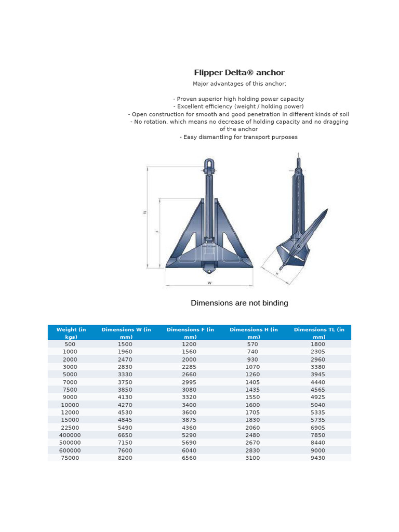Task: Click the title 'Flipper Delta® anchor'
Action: (x=239, y=73)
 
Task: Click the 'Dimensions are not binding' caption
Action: (x=239, y=303)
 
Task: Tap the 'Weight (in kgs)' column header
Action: (x=71, y=333)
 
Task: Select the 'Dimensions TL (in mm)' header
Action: (x=318, y=333)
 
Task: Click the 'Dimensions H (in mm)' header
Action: (x=253, y=333)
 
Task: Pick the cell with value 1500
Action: (x=125, y=344)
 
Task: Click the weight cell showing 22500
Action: (x=70, y=428)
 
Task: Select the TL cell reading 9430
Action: (x=317, y=458)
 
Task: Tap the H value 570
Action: (x=252, y=344)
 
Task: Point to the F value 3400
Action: (x=190, y=405)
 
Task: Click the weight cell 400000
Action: (x=70, y=435)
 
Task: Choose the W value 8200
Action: (x=125, y=458)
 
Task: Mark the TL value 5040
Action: (x=317, y=405)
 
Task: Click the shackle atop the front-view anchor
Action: (x=209, y=166)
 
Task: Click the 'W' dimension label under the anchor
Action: (x=209, y=283)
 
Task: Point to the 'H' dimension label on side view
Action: (x=277, y=273)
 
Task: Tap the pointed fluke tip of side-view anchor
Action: (x=327, y=210)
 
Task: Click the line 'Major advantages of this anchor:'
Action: (x=239, y=84)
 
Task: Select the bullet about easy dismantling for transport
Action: (x=239, y=137)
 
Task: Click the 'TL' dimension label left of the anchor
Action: (x=145, y=212)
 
